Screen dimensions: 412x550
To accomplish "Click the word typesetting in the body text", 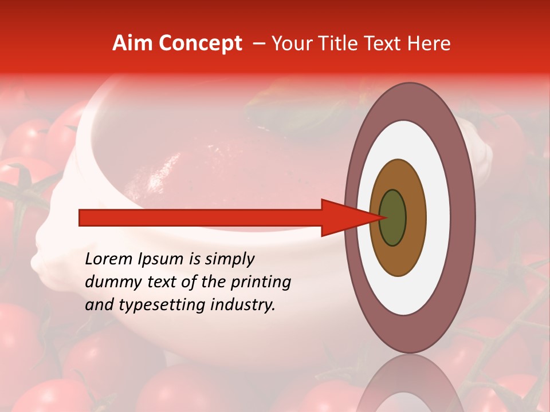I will pyautogui.click(x=151, y=306).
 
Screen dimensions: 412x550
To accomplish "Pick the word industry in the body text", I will pyautogui.click(x=243, y=305).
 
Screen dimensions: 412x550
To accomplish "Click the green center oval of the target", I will pyautogui.click(x=393, y=217).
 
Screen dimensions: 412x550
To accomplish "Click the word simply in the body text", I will pyautogui.click(x=229, y=260).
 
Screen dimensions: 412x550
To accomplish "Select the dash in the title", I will pyautogui.click(x=258, y=43).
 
